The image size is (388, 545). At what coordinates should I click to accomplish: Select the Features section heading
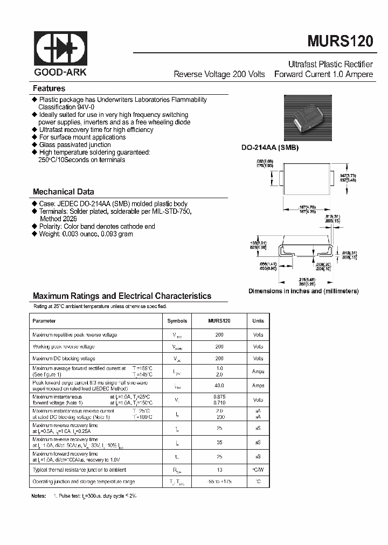pos(49,88)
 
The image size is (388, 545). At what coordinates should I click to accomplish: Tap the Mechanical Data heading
pos(64,192)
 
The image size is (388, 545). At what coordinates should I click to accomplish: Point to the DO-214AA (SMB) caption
pos(269,148)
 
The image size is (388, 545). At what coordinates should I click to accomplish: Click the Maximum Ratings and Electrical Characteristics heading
pos(122,296)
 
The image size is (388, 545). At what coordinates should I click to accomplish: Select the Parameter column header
pos(44,321)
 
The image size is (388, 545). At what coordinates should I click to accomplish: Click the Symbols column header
pos(177,321)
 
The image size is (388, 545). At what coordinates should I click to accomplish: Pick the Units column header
pos(258,321)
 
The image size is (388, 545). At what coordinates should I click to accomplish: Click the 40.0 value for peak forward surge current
pos(219,386)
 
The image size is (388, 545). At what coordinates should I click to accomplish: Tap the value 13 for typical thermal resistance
pos(219,470)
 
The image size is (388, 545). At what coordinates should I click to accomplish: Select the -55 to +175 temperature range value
pos(219,482)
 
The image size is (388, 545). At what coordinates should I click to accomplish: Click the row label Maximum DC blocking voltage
pos(64,358)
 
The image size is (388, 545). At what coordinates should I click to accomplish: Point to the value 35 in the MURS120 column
pos(219,442)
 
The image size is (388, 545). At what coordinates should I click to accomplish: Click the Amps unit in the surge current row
pos(258,386)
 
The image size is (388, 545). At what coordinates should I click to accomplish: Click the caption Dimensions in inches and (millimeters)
pos(303,291)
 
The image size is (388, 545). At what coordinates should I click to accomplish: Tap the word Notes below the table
pos(39,495)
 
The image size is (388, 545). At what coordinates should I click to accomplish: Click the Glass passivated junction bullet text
pos(75,145)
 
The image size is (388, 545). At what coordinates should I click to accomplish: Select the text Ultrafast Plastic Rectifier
pos(331,64)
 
